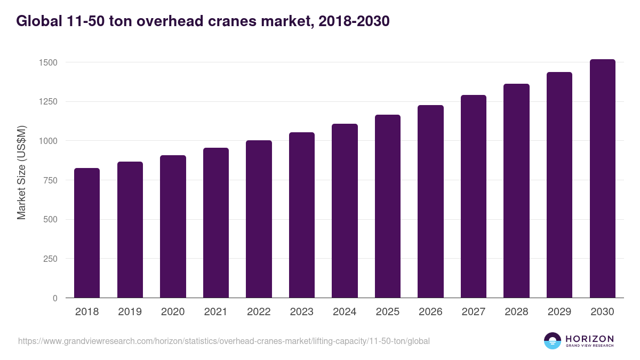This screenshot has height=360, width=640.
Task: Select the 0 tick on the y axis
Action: click(x=55, y=298)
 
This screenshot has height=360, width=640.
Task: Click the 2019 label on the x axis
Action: click(x=130, y=312)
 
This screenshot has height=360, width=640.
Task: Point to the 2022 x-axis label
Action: click(x=259, y=312)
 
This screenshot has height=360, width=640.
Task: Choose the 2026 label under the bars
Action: click(x=430, y=312)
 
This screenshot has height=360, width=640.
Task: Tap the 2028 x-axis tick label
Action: click(x=516, y=312)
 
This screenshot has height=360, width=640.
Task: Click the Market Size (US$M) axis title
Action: click(x=21, y=172)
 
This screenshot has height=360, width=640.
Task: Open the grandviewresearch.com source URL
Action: click(x=223, y=341)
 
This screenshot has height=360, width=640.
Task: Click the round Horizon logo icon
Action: click(x=553, y=341)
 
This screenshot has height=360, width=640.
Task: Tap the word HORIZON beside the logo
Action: click(x=589, y=338)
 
